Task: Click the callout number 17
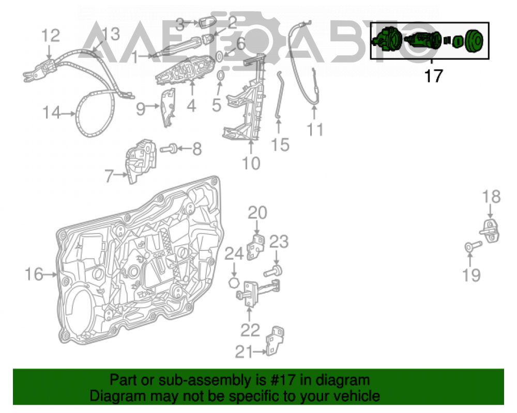coord(433,76)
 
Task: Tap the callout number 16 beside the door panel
coord(34,274)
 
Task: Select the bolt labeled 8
coord(169,149)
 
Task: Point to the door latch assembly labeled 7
coord(141,161)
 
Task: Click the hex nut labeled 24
coord(234,282)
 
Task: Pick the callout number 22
coord(250,330)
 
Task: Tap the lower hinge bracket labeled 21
coord(276,341)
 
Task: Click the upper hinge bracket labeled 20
coord(256,247)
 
